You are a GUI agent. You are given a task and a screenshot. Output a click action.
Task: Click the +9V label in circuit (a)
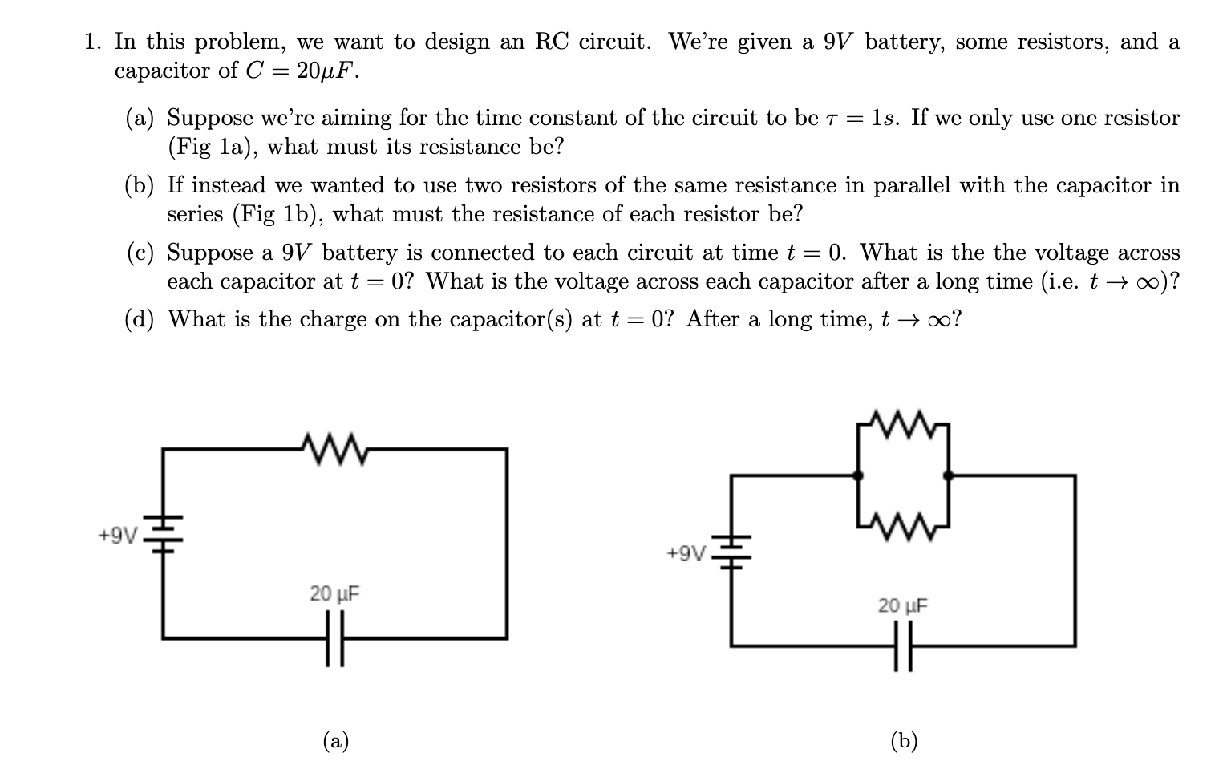(x=118, y=535)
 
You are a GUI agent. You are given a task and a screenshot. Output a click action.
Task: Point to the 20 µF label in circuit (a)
(x=334, y=594)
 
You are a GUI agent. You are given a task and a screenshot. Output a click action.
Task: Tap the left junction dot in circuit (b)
(x=858, y=476)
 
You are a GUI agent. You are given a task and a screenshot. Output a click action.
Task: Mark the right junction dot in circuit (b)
(x=948, y=476)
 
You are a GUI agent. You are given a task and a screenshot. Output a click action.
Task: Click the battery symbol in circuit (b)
(x=731, y=552)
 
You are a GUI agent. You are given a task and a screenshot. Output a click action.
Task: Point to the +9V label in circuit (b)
(x=686, y=552)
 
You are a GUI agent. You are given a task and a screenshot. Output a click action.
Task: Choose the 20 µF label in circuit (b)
(x=902, y=605)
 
